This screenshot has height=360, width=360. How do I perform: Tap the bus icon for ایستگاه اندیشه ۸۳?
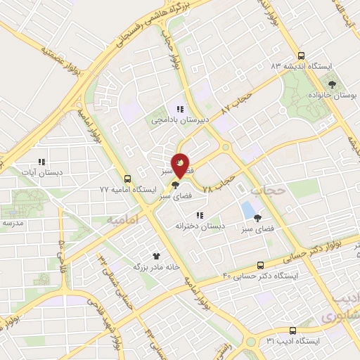[301, 56]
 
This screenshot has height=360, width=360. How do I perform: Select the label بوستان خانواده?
[328, 94]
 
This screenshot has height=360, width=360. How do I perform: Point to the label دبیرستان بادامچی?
[176, 120]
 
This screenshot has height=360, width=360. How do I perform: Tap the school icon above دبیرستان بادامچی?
[180, 109]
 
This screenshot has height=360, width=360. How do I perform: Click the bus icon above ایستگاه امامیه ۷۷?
[127, 179]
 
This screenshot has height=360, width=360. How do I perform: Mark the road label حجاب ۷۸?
[217, 186]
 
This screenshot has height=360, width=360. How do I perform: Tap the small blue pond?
[247, 210]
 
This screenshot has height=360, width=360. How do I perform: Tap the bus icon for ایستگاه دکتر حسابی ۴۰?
[260, 265]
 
